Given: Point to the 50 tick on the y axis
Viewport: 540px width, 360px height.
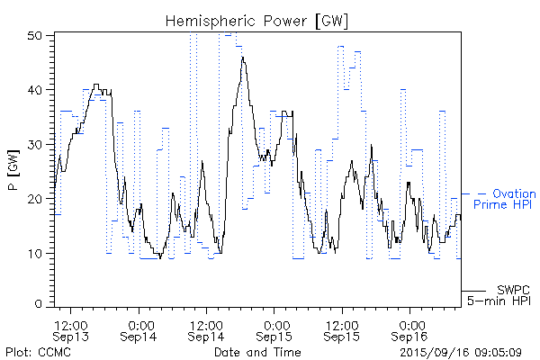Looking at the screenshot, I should tap(42, 35).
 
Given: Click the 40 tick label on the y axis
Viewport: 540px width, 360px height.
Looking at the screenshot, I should tap(42, 90).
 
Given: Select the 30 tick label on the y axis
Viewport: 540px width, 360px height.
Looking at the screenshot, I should tap(42, 144).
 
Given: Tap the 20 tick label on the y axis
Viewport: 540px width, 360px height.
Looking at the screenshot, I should tap(42, 199).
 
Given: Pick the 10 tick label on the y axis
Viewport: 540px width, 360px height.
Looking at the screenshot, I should tap(42, 253).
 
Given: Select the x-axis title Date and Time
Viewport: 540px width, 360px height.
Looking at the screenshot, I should tap(251, 352).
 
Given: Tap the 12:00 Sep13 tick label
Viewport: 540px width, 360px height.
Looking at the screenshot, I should tap(70, 329).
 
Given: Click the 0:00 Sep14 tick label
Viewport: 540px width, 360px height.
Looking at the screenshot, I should tap(139, 329).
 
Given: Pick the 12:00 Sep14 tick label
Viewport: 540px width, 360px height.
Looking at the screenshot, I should tap(207, 329).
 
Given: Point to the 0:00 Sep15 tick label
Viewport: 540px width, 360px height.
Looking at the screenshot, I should tap(275, 329).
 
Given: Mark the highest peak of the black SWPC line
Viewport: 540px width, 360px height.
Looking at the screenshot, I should tap(242, 57).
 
